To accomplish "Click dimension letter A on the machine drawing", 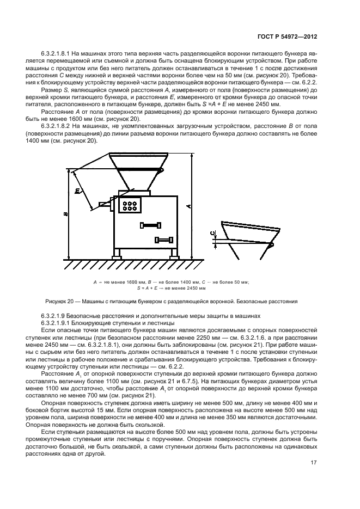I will click(188, 206).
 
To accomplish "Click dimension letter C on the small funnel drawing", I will click(212, 234).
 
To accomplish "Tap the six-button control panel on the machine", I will click(130, 205).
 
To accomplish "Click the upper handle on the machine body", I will click(151, 224).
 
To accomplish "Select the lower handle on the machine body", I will click(164, 240).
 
